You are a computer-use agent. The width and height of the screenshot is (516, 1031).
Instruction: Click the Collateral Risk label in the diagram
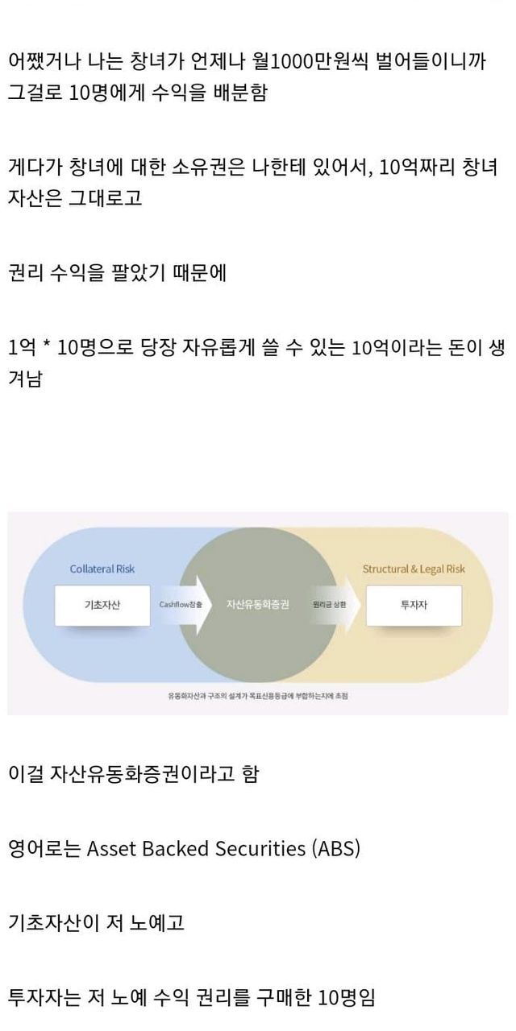[x=102, y=569]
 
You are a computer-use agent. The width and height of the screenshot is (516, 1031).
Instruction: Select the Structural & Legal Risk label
[x=414, y=569]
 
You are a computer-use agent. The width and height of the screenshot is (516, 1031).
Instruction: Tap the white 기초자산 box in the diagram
[x=102, y=605]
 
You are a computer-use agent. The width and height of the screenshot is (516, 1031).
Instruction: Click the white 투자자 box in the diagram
[x=414, y=605]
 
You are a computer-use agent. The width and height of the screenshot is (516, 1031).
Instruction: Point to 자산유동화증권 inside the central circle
[x=257, y=604]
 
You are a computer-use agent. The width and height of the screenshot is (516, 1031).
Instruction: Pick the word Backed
[x=180, y=848]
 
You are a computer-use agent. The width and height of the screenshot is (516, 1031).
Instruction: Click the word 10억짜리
[x=417, y=167]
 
